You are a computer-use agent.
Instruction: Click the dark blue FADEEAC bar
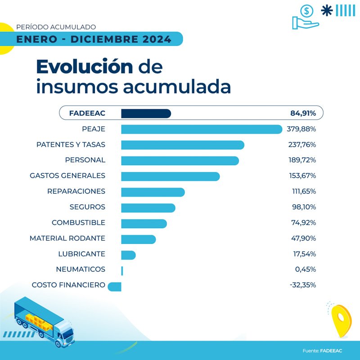click(146, 113)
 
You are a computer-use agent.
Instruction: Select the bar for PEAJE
click(201, 129)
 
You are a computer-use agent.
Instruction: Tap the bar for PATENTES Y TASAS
click(182, 145)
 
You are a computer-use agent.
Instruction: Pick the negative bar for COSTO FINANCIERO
click(115, 285)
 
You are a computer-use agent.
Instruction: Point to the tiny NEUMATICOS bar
click(122, 270)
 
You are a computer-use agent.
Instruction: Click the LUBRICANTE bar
click(128, 255)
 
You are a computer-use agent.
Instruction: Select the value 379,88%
click(301, 129)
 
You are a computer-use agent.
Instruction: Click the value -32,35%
click(302, 285)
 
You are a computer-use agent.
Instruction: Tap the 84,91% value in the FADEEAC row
click(302, 113)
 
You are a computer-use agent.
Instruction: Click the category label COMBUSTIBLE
click(78, 223)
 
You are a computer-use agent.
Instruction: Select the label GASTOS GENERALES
click(67, 175)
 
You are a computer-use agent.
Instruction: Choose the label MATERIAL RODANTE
click(67, 238)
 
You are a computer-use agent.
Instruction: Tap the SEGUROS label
click(87, 207)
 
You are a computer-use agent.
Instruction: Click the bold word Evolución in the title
click(85, 67)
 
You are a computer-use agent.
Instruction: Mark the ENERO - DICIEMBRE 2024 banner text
click(94, 39)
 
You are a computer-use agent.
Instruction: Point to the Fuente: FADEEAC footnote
click(322, 351)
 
